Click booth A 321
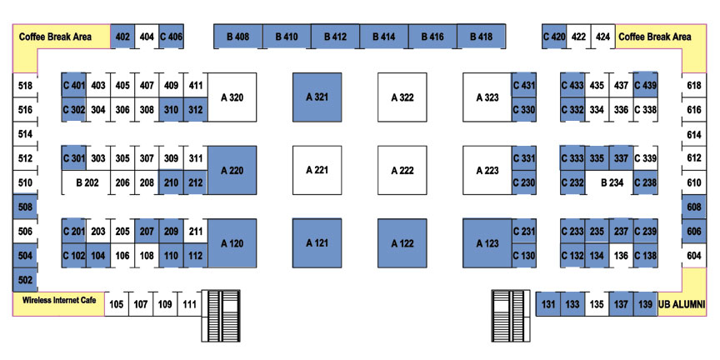(317, 97)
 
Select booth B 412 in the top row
(335, 37)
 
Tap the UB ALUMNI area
(682, 304)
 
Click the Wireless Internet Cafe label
(59, 300)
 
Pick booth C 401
(74, 85)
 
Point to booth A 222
(402, 170)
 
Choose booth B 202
(87, 182)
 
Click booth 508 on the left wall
(25, 207)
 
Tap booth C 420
(554, 37)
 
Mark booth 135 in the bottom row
(597, 304)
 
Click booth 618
(694, 85)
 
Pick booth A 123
(487, 243)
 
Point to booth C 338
(645, 110)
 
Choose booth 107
(141, 304)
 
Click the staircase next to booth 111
(221, 316)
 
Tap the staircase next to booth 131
(511, 316)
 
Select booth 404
(147, 37)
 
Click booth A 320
(232, 97)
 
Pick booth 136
(621, 256)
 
